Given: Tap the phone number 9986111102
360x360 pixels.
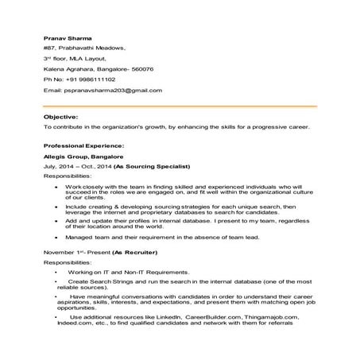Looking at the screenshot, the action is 96,79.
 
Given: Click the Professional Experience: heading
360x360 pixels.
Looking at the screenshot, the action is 84,145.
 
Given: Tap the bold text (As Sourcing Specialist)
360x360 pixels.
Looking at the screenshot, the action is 153,168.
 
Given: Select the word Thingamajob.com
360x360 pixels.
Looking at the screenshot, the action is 268,317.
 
